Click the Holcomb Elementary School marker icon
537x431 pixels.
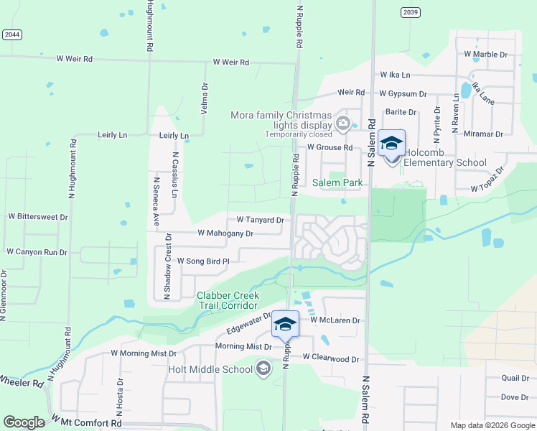click(391, 144)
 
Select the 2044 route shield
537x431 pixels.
click(11, 34)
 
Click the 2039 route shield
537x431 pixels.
click(411, 11)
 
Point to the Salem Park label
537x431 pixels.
click(337, 182)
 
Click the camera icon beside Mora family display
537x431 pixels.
click(342, 123)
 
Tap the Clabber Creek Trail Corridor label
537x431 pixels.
click(228, 300)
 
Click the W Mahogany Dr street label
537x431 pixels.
click(225, 233)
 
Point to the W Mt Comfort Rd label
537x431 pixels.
click(86, 423)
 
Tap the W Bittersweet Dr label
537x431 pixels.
click(37, 215)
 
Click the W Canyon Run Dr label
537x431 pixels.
click(37, 252)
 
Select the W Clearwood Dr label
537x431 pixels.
click(330, 357)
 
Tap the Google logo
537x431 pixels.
click(24, 422)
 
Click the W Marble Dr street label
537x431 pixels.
click(485, 54)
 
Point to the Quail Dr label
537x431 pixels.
click(515, 378)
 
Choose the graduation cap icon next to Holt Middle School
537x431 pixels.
click(263, 369)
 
